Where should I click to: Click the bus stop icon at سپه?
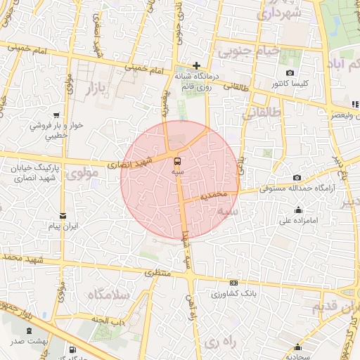176,160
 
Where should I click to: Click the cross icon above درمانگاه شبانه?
198,65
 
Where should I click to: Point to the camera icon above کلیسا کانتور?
290,73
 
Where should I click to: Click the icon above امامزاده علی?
298,209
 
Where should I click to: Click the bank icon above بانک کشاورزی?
233,283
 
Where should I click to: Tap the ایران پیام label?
63,226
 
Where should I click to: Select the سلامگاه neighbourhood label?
110,295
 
